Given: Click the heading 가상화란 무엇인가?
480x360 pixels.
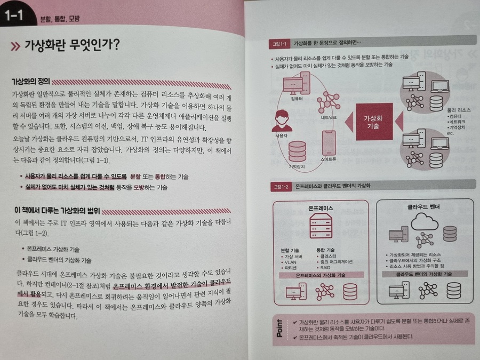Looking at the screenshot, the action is [x=71, y=45].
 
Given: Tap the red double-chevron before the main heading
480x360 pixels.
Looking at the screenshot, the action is [x=15, y=46].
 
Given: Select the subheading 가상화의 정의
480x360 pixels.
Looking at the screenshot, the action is [x=30, y=82].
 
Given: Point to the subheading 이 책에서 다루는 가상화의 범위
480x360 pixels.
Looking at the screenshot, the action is [x=57, y=211].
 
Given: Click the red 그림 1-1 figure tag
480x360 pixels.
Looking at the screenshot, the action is [x=279, y=44].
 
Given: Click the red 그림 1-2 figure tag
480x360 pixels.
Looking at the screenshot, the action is [x=281, y=187].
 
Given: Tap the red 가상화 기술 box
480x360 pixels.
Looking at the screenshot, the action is [x=374, y=122].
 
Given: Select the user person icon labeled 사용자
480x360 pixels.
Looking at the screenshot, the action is [x=282, y=121].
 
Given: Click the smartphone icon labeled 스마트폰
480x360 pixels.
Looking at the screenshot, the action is [x=329, y=143].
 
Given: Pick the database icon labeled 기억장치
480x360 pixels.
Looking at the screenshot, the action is [x=297, y=151].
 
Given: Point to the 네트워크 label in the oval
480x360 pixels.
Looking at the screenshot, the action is [x=329, y=117].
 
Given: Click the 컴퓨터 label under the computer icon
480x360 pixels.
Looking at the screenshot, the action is [x=297, y=99].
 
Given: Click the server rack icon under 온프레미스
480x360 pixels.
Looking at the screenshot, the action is [x=321, y=226].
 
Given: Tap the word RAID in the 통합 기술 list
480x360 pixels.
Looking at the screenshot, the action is [x=325, y=268].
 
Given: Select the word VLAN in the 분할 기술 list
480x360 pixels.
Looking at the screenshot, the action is [x=290, y=262].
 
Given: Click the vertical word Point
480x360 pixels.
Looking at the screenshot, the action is [x=279, y=328].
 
